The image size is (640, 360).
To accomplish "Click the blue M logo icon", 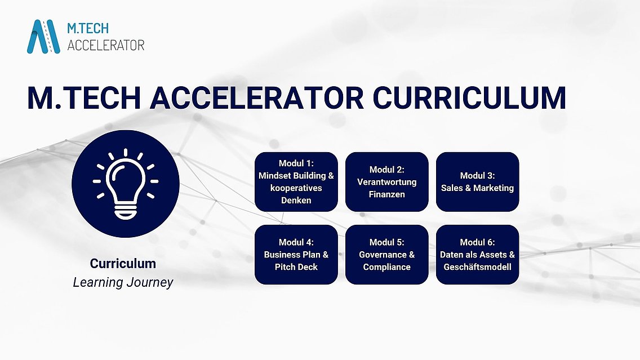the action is click(x=44, y=36).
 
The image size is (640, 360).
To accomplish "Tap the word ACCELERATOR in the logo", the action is click(x=106, y=45).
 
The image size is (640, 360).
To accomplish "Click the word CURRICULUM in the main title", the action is click(x=469, y=98).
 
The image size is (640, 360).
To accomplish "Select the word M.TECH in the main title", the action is click(x=84, y=98).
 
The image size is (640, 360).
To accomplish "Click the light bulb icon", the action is click(x=126, y=184).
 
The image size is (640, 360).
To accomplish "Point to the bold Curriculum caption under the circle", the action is click(x=123, y=264).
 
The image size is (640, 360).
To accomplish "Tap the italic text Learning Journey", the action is click(x=123, y=282).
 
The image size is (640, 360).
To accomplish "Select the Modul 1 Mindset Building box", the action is click(x=296, y=182).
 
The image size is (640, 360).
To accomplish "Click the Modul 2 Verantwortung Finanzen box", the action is click(x=387, y=182).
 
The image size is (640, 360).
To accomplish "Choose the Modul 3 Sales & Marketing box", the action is click(x=478, y=182).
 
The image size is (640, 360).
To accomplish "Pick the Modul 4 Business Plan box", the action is click(x=296, y=255).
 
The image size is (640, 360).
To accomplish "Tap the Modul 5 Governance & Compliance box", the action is click(x=387, y=255).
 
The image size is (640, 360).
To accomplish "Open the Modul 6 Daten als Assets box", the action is click(x=478, y=255).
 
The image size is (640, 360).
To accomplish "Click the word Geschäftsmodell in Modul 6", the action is click(x=478, y=267).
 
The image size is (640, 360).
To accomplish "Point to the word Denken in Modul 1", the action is click(x=296, y=201).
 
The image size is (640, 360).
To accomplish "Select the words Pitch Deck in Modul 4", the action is click(x=296, y=267).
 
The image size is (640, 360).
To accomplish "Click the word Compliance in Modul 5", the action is click(x=387, y=267).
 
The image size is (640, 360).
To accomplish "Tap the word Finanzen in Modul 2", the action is click(x=387, y=194).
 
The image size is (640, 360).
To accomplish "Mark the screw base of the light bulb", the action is click(x=126, y=212).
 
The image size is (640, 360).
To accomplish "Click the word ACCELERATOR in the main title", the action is click(x=257, y=98).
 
